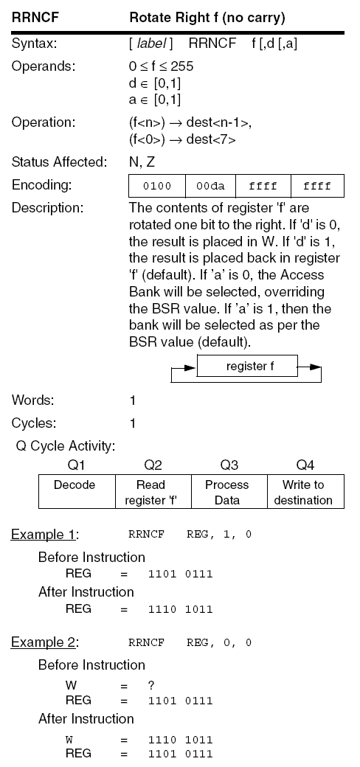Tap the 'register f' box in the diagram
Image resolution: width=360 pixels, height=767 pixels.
[247, 365]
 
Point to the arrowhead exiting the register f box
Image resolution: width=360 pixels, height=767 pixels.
[315, 366]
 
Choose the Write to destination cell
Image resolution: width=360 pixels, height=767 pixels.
[303, 492]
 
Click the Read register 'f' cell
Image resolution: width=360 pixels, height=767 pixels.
[153, 492]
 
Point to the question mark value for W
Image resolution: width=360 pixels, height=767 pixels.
[150, 685]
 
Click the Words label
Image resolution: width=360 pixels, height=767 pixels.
[31, 400]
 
